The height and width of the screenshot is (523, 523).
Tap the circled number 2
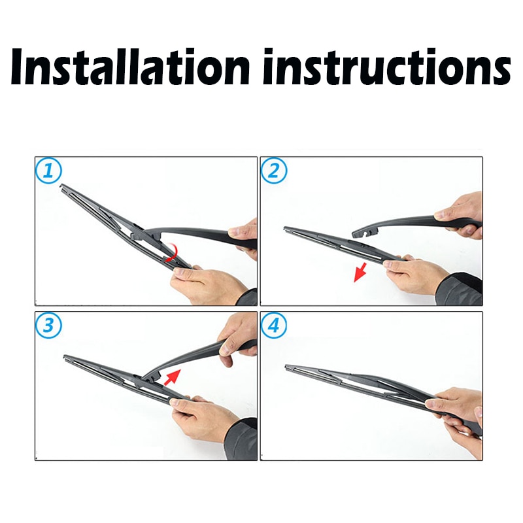pos(274,171)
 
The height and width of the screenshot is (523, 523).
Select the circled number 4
pos(274,326)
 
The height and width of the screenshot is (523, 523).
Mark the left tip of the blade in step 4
pos(288,367)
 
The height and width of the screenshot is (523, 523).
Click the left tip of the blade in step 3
pos(66,357)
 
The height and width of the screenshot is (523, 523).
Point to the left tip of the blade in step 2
pos(286,228)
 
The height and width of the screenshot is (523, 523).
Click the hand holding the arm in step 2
pos(461,211)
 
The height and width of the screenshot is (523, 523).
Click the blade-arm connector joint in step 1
pos(139,232)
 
